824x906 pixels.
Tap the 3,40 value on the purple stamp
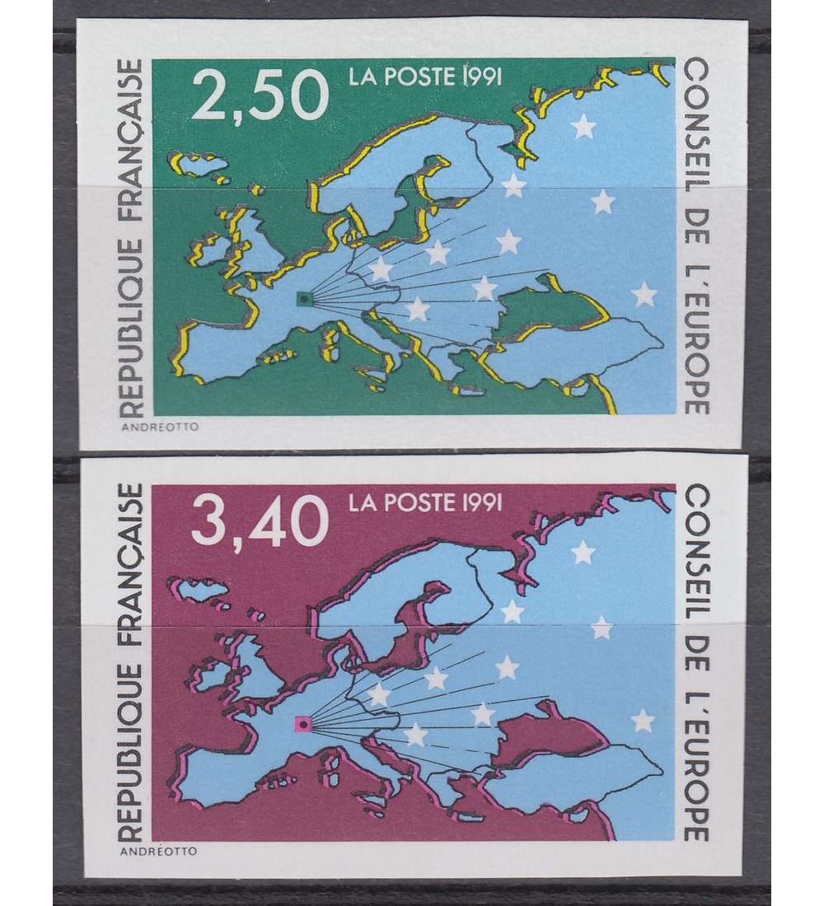[260, 522]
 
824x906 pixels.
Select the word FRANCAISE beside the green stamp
[131, 133]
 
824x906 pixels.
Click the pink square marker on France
[302, 725]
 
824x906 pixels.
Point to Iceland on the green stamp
[199, 165]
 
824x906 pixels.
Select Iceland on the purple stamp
[199, 590]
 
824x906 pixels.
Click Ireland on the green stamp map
[208, 250]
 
